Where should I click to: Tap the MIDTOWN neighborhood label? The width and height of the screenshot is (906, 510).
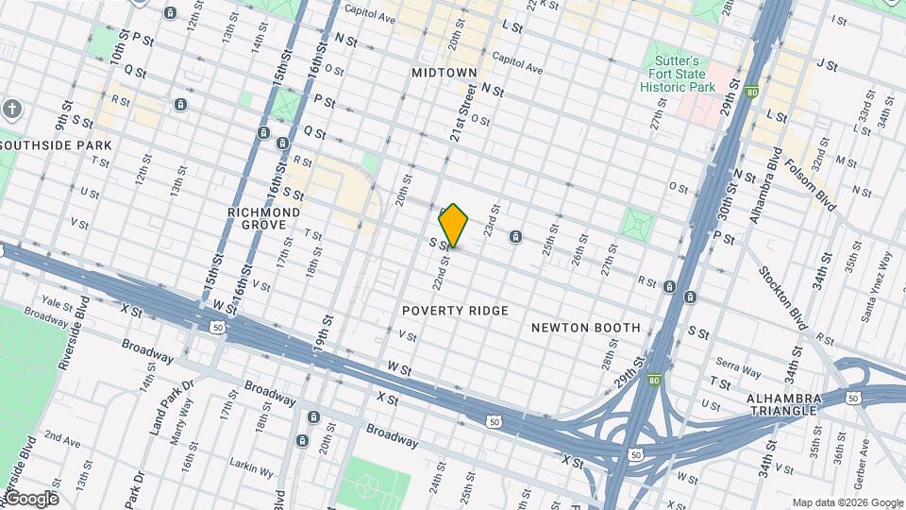coord(445,72)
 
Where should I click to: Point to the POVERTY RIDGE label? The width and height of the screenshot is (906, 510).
coord(455,311)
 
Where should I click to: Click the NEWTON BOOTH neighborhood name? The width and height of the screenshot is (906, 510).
coord(585,328)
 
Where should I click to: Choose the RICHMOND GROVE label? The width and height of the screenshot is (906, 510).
coord(264,219)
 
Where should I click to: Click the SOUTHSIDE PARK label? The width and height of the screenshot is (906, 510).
coord(57,144)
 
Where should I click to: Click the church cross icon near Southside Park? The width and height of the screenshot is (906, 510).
coord(10,108)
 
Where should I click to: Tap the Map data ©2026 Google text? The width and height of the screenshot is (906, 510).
coord(847,502)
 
